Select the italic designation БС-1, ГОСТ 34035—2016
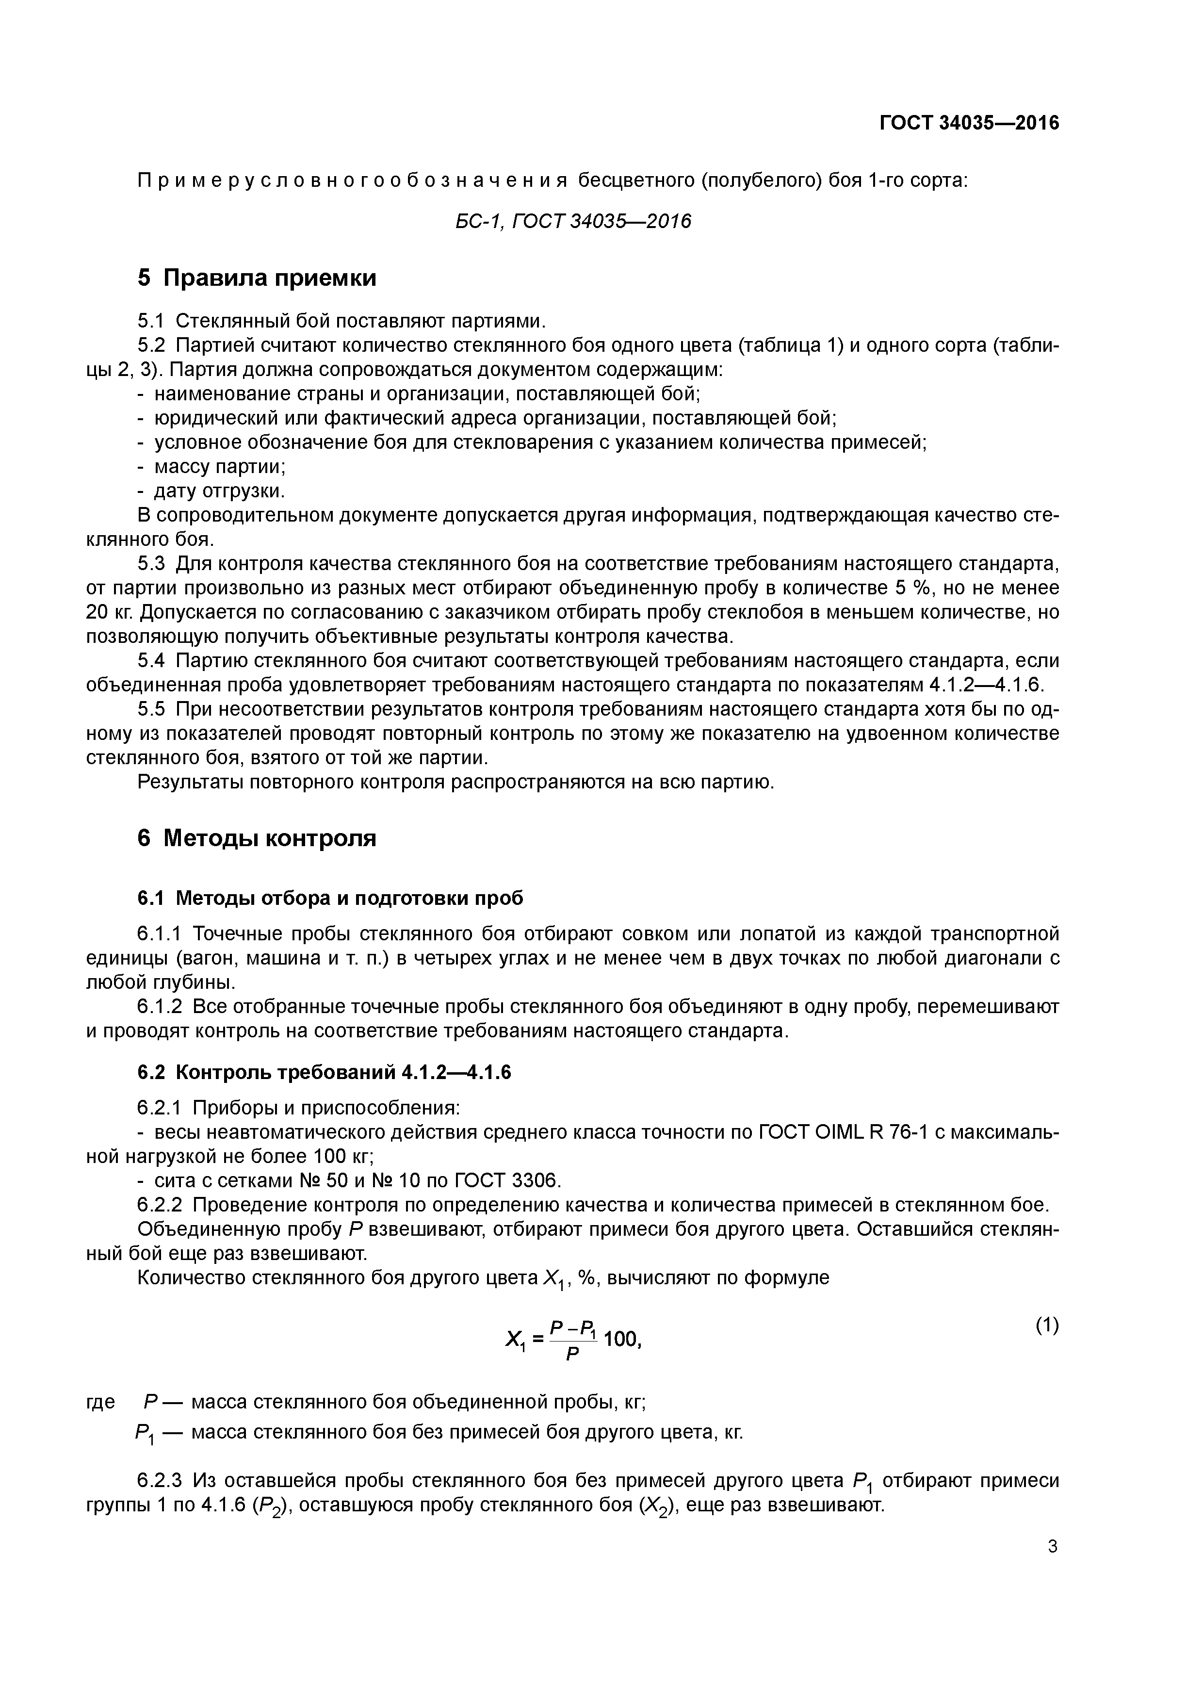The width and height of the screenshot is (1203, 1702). pyautogui.click(x=572, y=221)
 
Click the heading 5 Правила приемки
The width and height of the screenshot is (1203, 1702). pyautogui.click(x=257, y=278)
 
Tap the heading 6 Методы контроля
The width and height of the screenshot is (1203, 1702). pyautogui.click(x=257, y=838)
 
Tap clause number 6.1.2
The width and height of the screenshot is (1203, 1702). pyautogui.click(x=160, y=1007)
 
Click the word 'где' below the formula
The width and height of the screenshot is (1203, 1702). pyautogui.click(x=101, y=1402)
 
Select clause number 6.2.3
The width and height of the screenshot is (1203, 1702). pyautogui.click(x=160, y=1482)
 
